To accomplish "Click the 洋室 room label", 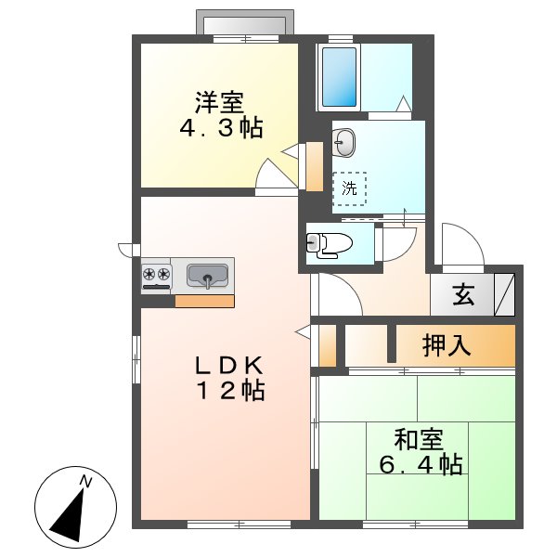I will click(220, 100).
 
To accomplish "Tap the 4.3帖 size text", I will click(220, 128).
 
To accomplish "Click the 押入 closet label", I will click(447, 345).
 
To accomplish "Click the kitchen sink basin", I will click(208, 276).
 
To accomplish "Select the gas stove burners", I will click(156, 275).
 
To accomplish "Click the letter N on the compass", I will click(85, 481).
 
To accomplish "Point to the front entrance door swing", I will click(461, 246).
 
